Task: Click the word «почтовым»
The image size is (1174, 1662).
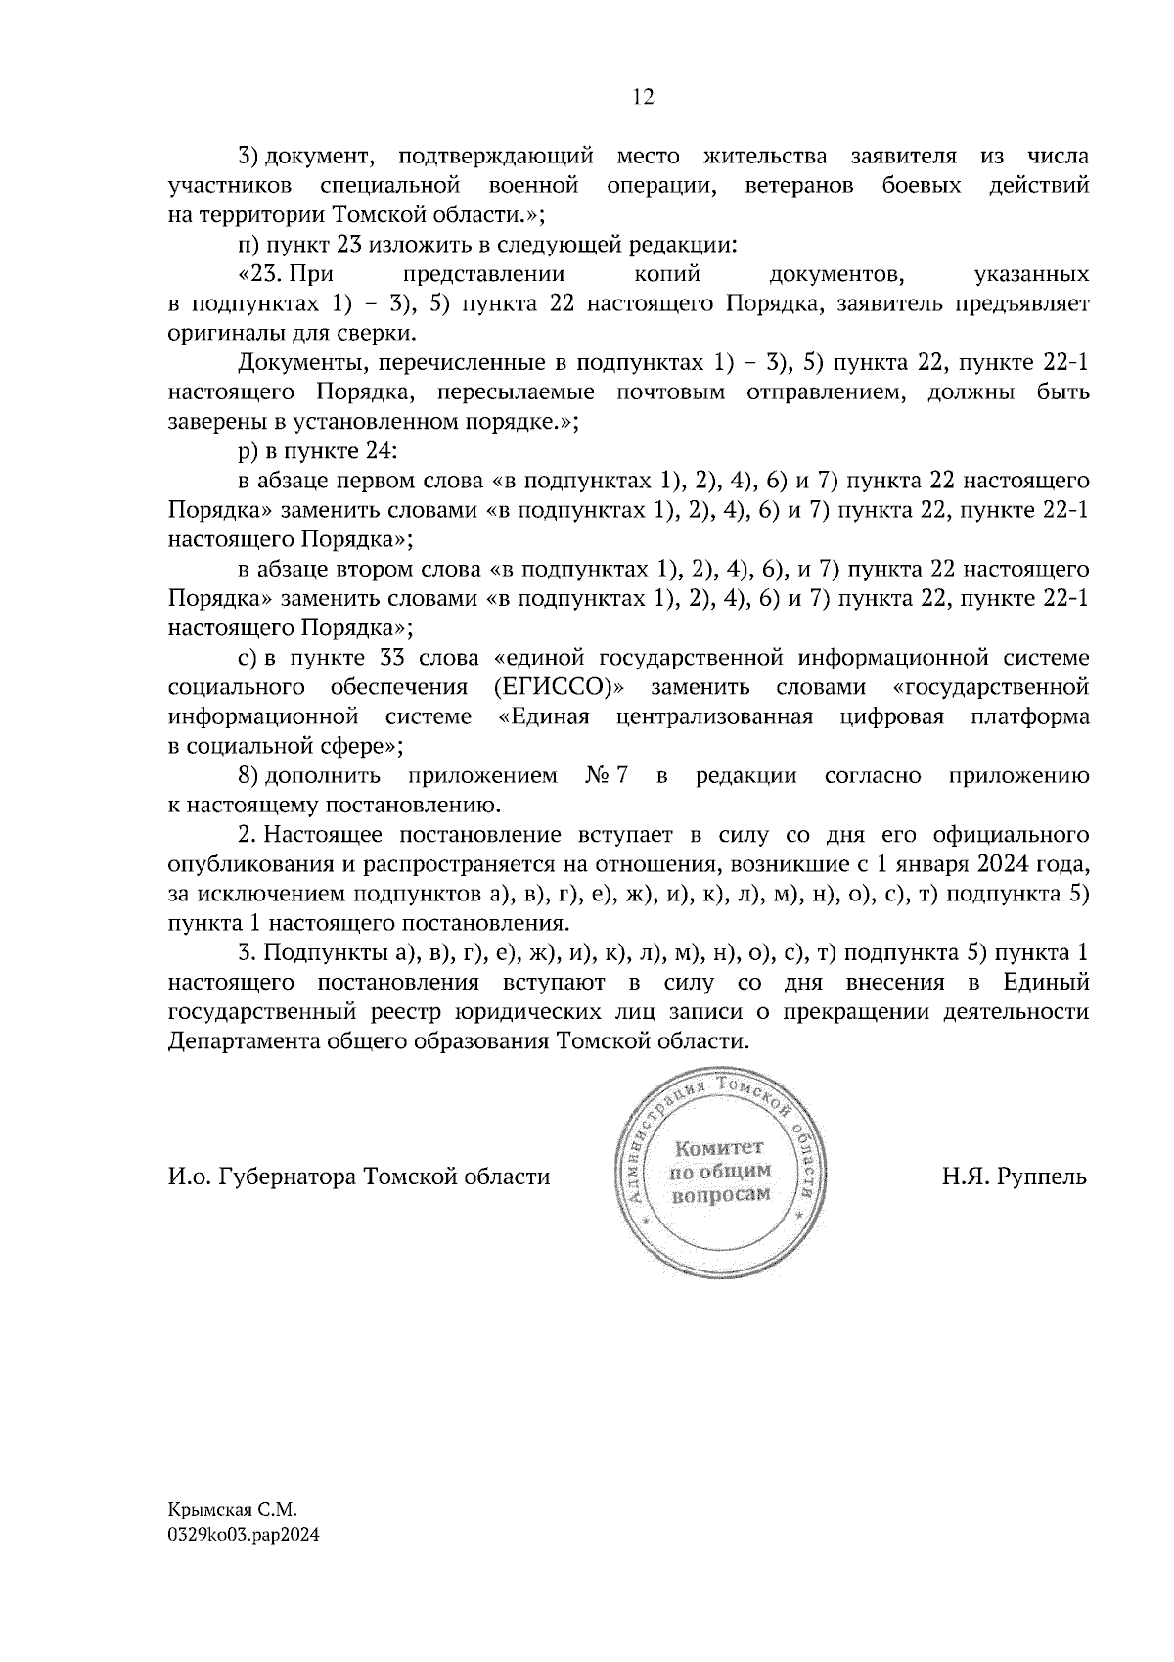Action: [678, 392]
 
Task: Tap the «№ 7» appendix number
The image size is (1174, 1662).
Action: [607, 776]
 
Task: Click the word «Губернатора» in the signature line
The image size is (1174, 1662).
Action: [291, 1176]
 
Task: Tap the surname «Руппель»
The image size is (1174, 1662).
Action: [1041, 1176]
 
